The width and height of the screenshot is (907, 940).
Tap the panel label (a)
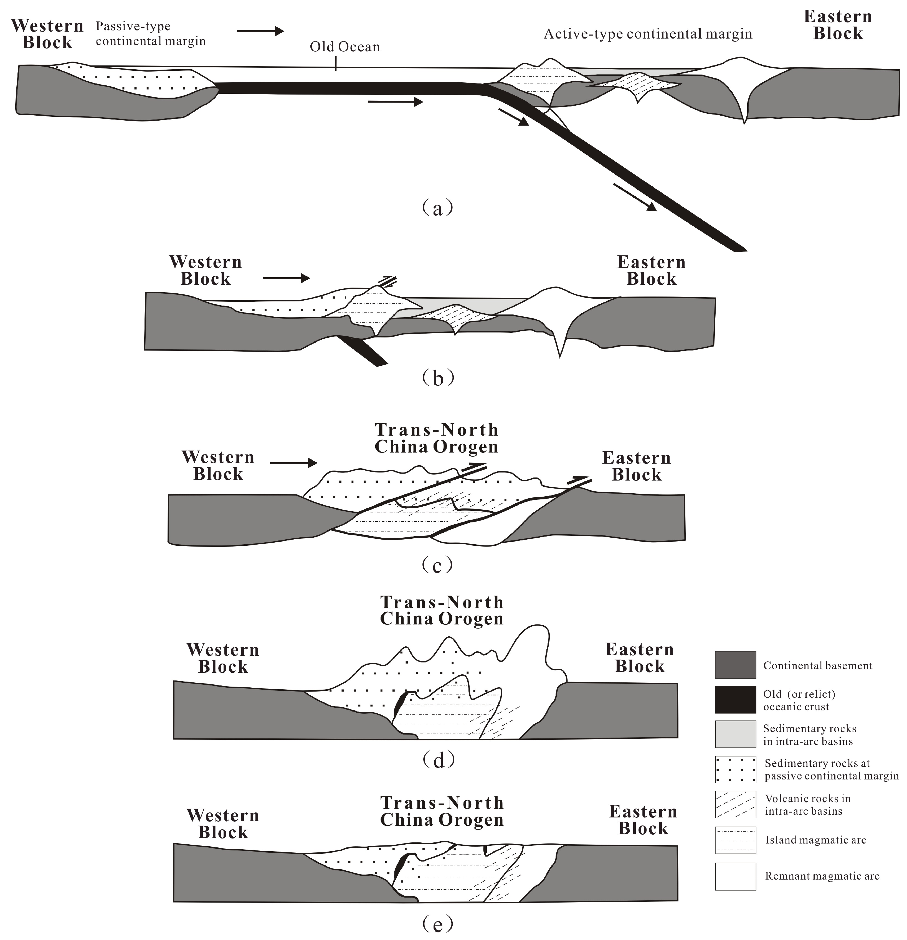[x=437, y=208]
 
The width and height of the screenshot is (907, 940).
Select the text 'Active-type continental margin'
[x=647, y=34]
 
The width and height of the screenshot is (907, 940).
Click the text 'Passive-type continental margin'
[x=150, y=34]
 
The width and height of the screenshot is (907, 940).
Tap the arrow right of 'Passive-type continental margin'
[x=260, y=31]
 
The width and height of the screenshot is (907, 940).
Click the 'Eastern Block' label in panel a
[x=837, y=25]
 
